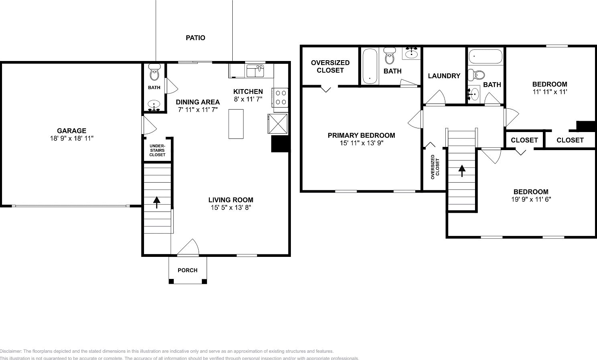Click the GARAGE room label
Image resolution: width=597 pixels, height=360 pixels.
click(71, 130)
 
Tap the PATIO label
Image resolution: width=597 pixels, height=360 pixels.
click(195, 38)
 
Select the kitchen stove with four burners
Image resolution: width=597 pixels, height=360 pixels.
click(280, 97)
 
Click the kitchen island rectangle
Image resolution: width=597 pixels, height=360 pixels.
click(236, 124)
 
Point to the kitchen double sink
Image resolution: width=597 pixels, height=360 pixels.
click(255, 71)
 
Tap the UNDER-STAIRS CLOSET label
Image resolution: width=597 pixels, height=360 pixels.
click(157, 150)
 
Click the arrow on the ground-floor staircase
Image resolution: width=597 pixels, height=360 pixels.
click(156, 202)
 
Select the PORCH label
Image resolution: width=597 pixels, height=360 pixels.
click(187, 270)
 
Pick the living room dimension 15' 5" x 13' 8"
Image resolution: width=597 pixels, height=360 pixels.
click(231, 207)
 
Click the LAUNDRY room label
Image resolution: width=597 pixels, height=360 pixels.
click(444, 76)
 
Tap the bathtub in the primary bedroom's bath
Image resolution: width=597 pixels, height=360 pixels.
click(370, 66)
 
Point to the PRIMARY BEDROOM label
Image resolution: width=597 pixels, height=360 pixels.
click(361, 135)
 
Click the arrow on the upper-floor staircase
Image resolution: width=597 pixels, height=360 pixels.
click(462, 171)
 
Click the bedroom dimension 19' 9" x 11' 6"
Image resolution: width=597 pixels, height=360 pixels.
click(531, 199)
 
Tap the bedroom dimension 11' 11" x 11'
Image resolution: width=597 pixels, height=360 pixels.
click(549, 92)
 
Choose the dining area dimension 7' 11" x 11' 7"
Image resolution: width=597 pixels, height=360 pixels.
click(198, 109)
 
